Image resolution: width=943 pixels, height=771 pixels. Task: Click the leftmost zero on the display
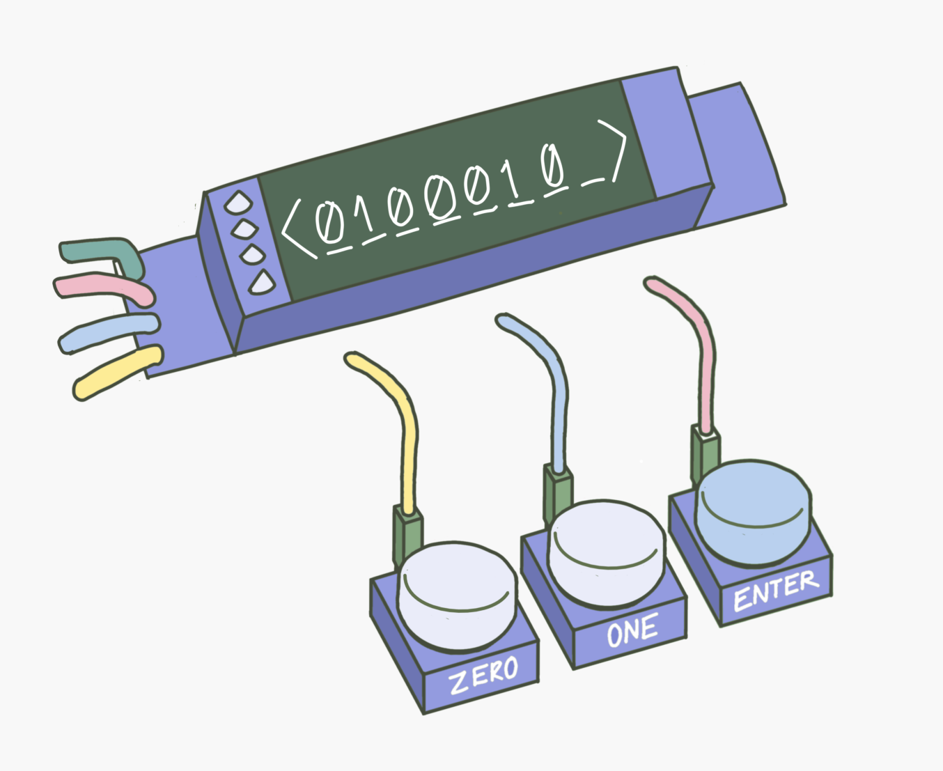pyautogui.click(x=326, y=222)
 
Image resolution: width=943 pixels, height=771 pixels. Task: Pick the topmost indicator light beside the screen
pyautogui.click(x=238, y=203)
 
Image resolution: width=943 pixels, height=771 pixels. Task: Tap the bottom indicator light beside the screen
pyautogui.click(x=262, y=282)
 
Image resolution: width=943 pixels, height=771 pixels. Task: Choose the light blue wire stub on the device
pyautogui.click(x=108, y=332)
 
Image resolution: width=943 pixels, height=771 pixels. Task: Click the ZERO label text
pyautogui.click(x=483, y=674)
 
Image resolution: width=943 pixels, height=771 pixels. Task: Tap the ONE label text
pyautogui.click(x=632, y=631)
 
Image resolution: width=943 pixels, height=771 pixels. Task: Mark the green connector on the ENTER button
pyautogui.click(x=706, y=453)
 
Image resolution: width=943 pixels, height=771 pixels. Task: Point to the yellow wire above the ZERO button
pyautogui.click(x=404, y=432)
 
